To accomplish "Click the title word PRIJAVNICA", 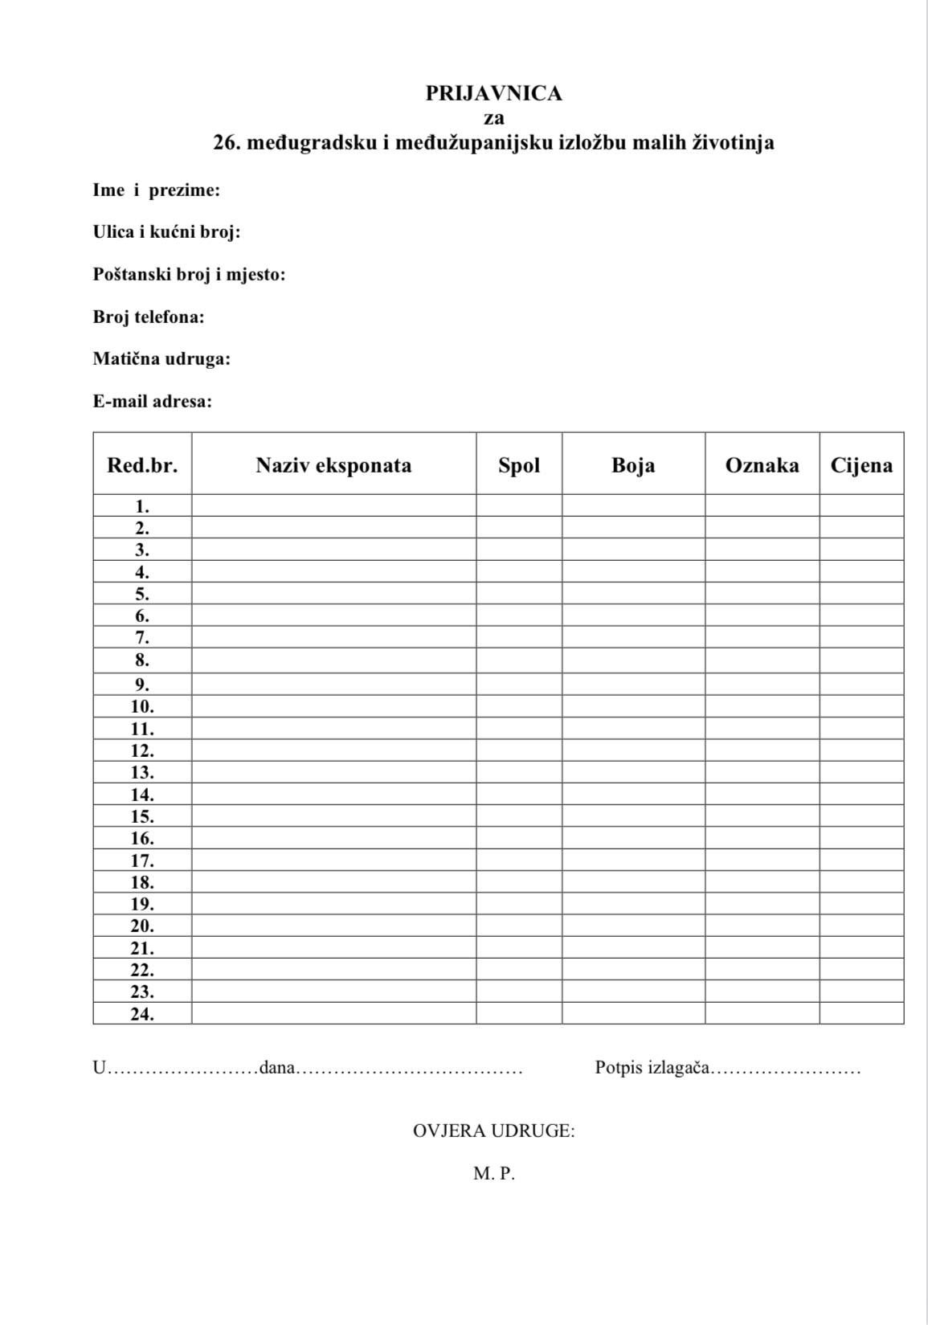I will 493,94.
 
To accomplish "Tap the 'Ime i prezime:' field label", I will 157,190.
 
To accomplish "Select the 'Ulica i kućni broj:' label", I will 166,232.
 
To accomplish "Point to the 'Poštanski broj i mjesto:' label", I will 189,275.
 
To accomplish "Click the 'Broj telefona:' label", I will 149,317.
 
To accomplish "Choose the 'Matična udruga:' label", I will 161,358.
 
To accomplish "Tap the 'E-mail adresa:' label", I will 153,401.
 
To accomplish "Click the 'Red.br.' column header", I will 142,465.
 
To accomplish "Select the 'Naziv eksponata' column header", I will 333,465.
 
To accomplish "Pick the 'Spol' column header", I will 519,465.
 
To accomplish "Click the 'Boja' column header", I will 633,465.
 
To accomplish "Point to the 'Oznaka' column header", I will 762,465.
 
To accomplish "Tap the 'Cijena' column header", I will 861,465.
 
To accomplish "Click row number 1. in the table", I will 142,506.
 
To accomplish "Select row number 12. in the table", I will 142,750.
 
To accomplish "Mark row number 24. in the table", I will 142,1013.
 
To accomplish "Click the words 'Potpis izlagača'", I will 652,1068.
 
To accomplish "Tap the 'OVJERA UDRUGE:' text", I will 493,1131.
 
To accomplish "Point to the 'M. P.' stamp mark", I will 493,1173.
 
